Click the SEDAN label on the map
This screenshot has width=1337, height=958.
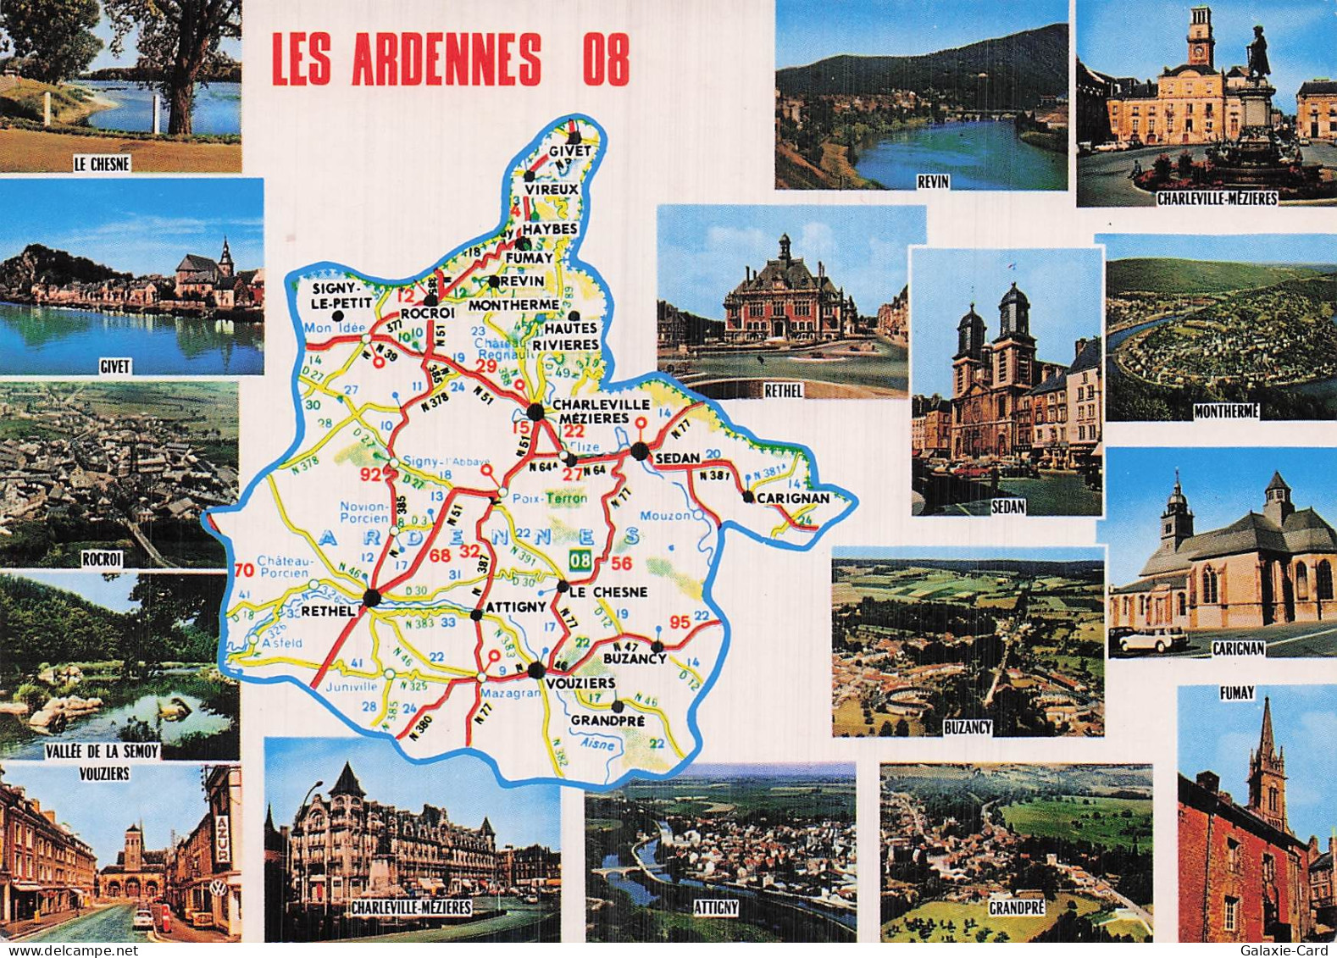pos(678,458)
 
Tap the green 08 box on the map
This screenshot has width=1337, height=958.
pos(580,560)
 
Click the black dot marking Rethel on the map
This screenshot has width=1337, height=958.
pos(371,598)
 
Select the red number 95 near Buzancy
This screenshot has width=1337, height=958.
pos(680,623)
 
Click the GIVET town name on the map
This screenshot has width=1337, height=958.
pos(569,152)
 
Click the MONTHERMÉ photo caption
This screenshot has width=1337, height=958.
pos(1226,412)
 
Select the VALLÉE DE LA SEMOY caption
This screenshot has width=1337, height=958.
pos(103,750)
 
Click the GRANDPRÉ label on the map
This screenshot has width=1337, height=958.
pos(607,721)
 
